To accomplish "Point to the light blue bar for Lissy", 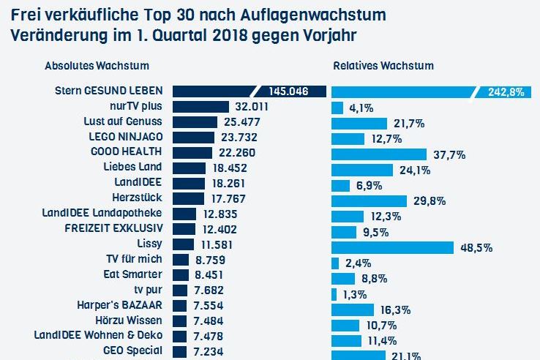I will (392, 247).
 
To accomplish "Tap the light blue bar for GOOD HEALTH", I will (379, 154).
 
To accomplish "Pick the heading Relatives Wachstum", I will (383, 66).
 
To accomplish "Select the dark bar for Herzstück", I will (188, 198).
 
